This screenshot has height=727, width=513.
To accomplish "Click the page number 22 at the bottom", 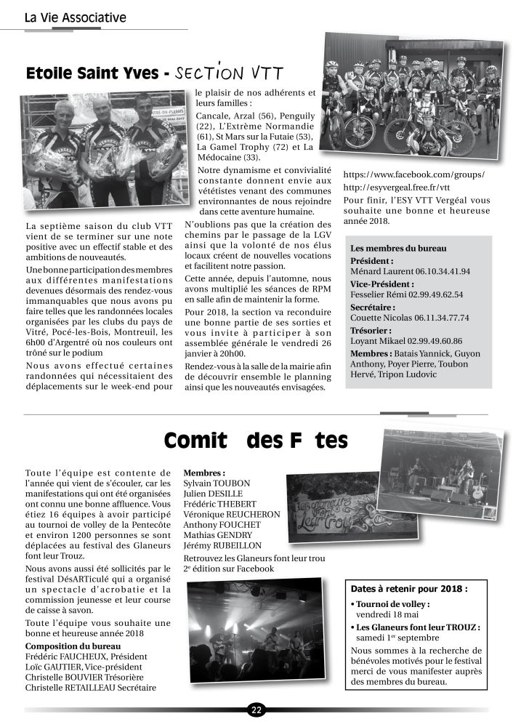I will pyautogui.click(x=256, y=710).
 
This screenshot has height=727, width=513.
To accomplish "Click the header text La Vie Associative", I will pyautogui.click(x=75, y=17).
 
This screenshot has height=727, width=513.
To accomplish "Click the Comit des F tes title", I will pyautogui.click(x=256, y=441).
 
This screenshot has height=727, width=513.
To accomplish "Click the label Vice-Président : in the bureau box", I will pyautogui.click(x=382, y=284).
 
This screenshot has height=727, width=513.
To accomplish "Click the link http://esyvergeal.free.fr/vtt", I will pyautogui.click(x=402, y=188).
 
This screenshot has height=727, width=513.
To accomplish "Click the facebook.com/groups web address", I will pyautogui.click(x=413, y=175).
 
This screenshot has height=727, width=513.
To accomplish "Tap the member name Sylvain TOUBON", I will pyautogui.click(x=217, y=483).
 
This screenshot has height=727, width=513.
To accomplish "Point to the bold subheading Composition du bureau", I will pyautogui.click(x=73, y=646).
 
